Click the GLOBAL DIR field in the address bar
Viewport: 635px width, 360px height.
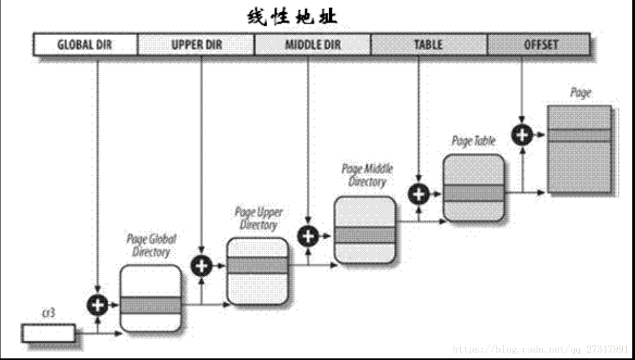pos(85,44)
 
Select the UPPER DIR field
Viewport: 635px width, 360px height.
pos(196,44)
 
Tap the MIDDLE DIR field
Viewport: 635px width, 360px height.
pos(312,44)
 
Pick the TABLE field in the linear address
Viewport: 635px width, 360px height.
pos(429,44)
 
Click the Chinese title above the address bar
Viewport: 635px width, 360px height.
pos(292,17)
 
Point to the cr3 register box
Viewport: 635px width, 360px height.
pos(49,333)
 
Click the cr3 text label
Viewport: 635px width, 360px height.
pos(48,313)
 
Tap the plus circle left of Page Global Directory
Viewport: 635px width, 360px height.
pos(97,305)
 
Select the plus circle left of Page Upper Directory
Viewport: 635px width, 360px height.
pos(202,265)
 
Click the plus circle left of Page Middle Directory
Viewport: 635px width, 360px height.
pos(308,236)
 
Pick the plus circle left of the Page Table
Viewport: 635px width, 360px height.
pos(419,194)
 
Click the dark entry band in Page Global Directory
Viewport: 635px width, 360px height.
pos(150,306)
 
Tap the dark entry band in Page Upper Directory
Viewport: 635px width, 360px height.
pos(258,265)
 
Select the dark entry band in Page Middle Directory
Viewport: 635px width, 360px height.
pos(365,235)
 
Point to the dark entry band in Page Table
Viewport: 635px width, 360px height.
pos(474,193)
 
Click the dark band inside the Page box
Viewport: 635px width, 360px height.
pos(580,135)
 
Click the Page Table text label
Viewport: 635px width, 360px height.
pos(474,142)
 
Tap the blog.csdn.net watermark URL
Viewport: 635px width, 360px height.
pos(540,349)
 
